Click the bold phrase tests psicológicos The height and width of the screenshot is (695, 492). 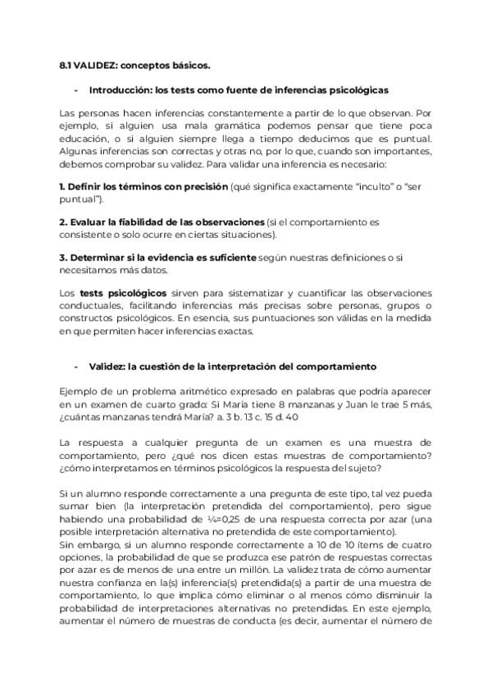123,293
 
